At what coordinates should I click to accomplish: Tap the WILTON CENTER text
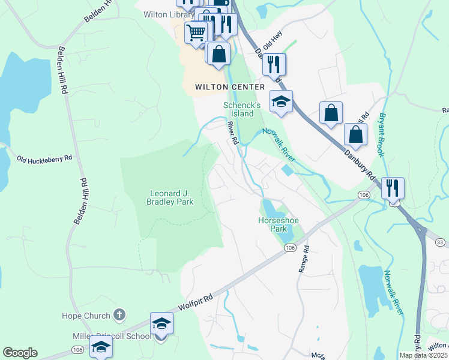coord(230,87)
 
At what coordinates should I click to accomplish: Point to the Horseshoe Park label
coord(278,224)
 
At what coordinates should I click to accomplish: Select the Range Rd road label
coord(304,259)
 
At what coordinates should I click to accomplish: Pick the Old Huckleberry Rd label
coord(44,158)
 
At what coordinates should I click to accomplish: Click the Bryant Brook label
coord(381,135)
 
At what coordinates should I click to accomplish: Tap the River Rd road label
coord(233,133)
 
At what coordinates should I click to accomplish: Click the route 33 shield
coord(440,242)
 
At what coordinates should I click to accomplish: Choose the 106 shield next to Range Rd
coord(290,248)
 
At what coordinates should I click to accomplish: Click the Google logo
coord(20,353)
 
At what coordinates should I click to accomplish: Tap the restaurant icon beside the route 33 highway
coord(393,188)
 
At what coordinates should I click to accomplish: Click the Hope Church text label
coord(86,316)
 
